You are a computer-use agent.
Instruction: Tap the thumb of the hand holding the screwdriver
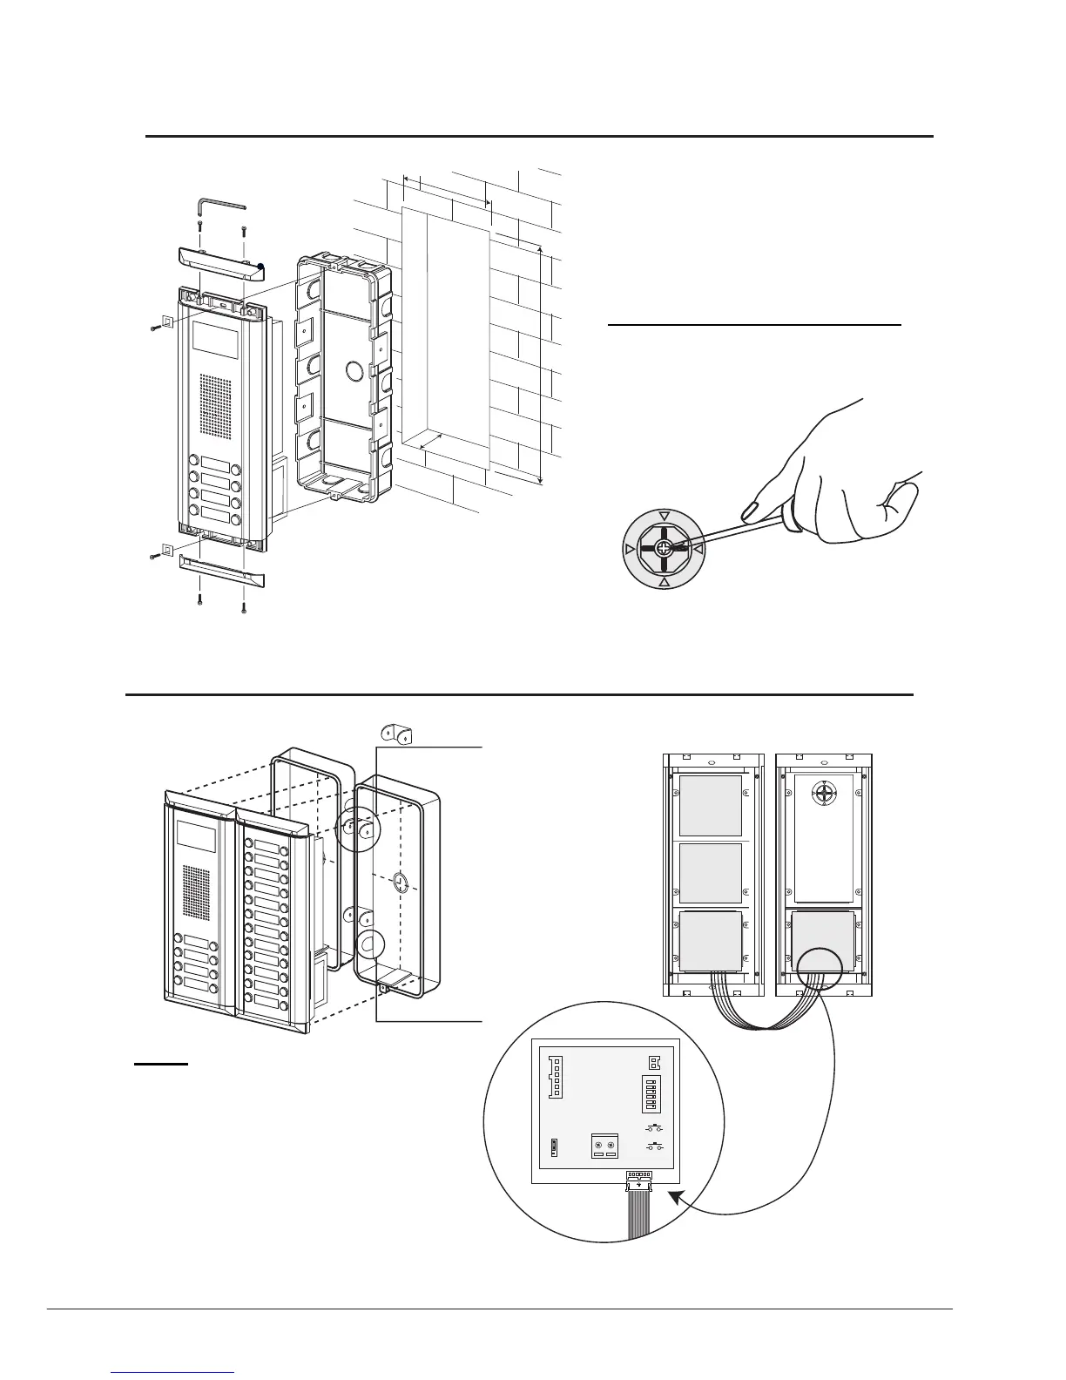(x=897, y=495)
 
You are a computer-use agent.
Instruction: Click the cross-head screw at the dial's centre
(x=663, y=549)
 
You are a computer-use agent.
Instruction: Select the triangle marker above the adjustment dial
(x=664, y=516)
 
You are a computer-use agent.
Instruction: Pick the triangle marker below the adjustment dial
(x=664, y=582)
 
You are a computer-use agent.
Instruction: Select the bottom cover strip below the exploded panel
(x=222, y=571)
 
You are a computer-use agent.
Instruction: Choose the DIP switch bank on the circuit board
(x=649, y=1094)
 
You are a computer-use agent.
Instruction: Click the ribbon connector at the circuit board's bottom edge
(x=640, y=1179)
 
